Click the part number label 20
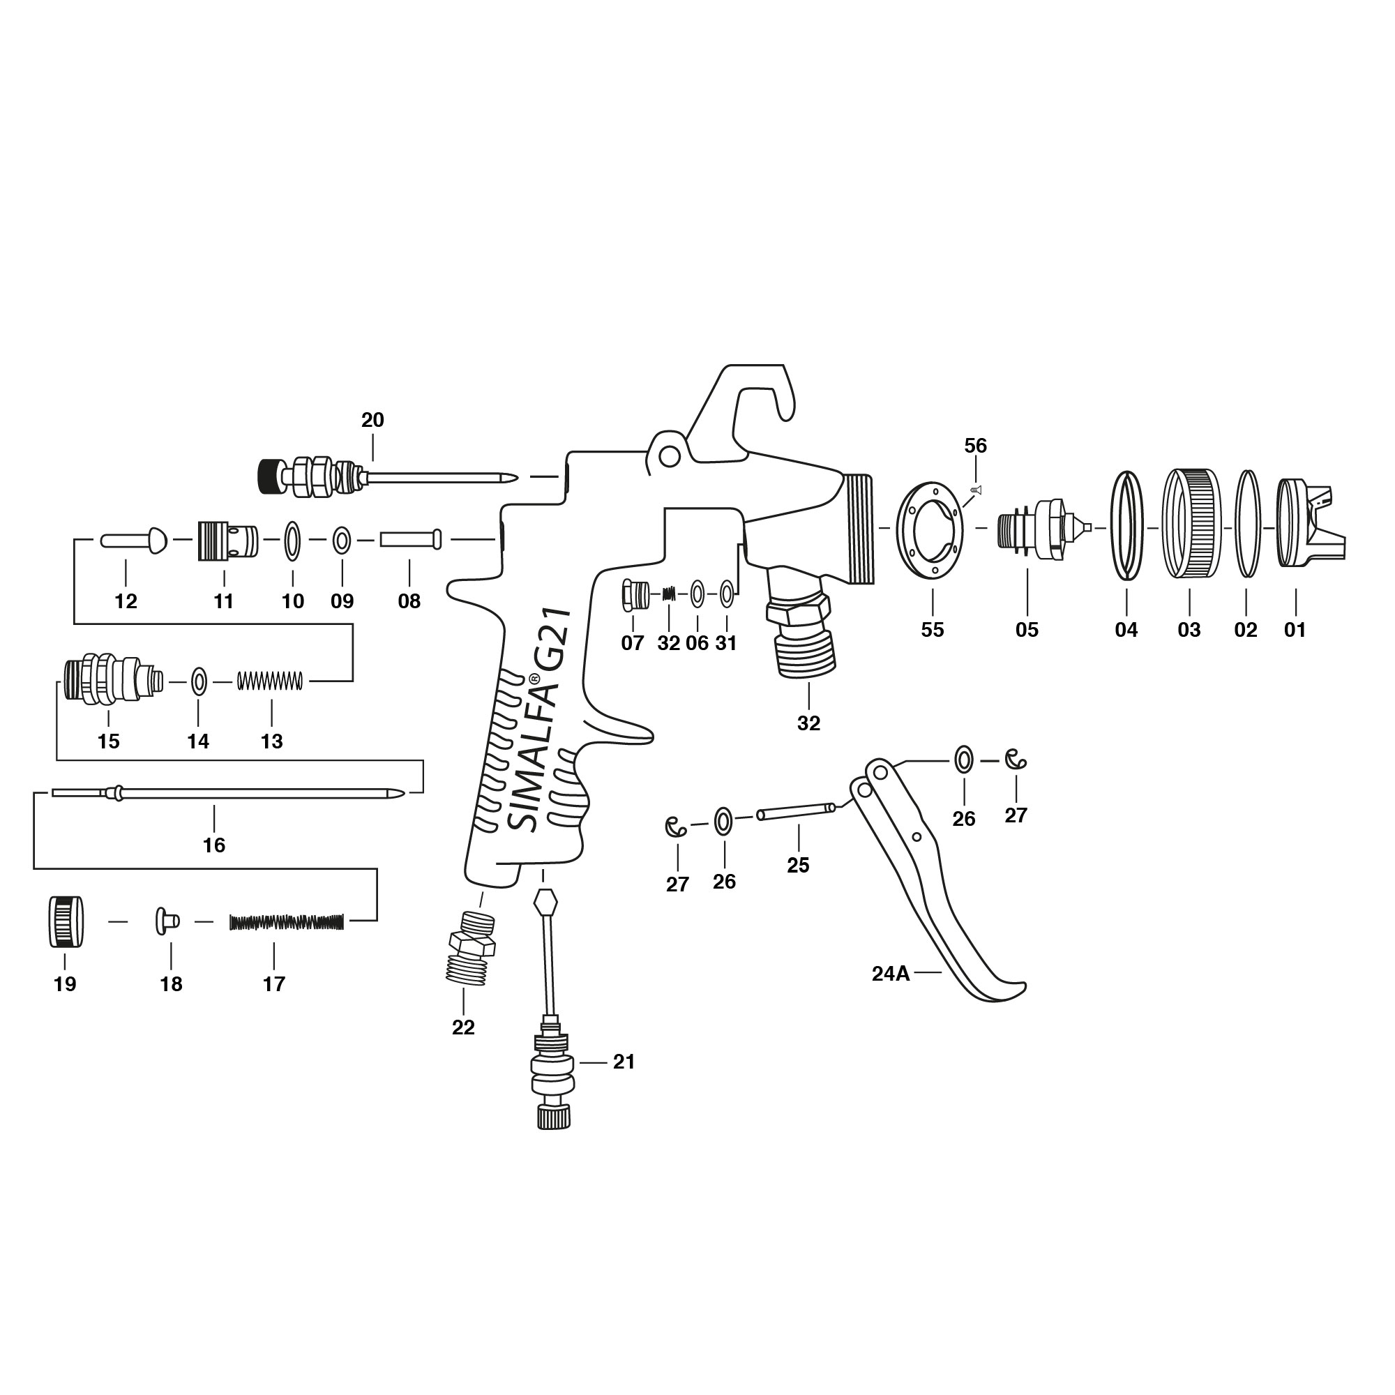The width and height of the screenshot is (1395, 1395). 372,420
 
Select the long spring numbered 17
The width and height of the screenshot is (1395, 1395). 287,922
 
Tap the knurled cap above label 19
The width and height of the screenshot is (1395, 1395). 66,921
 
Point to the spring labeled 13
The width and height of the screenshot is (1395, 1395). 270,680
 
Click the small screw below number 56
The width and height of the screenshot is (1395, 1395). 977,490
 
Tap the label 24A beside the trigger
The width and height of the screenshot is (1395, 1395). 890,974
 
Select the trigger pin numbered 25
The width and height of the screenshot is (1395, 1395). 797,812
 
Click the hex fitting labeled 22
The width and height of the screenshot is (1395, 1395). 471,947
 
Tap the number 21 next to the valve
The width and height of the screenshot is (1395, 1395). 624,1062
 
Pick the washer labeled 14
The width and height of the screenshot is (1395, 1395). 199,680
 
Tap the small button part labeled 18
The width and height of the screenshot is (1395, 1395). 167,921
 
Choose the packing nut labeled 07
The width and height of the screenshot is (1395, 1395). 632,595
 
